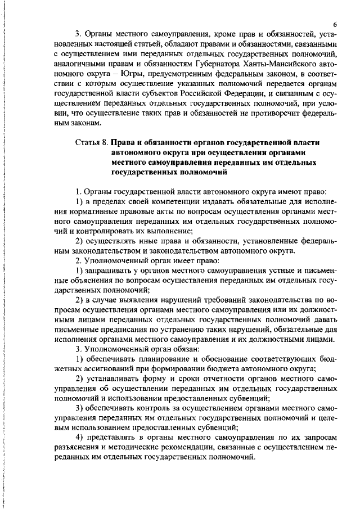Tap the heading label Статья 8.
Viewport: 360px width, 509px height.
click(x=91, y=142)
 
